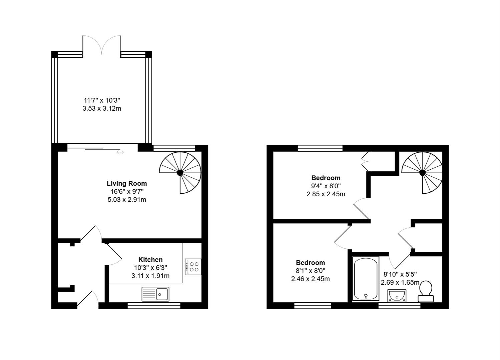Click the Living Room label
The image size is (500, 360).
point(127,183)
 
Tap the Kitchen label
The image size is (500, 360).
point(150,259)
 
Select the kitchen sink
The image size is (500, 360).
point(155,294)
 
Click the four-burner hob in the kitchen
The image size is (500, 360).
point(193,267)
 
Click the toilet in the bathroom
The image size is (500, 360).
point(426,290)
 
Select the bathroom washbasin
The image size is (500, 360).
point(397,295)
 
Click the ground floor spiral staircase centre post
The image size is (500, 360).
point(180,172)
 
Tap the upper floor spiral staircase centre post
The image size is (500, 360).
point(422,172)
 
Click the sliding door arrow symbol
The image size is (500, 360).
point(120,152)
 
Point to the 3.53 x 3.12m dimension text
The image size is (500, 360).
point(102,108)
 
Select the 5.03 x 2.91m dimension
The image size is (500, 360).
point(127,200)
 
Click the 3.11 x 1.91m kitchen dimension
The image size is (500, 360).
point(150,276)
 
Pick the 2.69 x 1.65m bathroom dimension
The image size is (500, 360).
point(400,282)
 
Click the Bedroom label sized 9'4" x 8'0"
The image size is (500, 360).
point(326,178)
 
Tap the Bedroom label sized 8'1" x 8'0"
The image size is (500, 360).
point(311,262)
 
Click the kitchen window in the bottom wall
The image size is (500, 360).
point(154,305)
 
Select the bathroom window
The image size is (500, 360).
point(399,305)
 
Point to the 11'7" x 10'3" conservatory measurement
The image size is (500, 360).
point(102,100)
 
